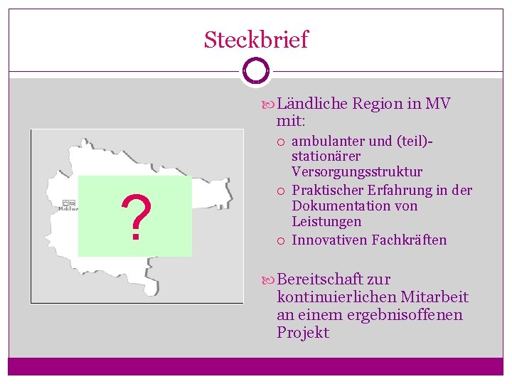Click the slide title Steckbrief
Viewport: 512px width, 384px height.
click(x=256, y=39)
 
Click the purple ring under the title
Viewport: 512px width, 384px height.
click(x=255, y=71)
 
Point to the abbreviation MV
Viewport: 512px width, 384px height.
click(x=437, y=104)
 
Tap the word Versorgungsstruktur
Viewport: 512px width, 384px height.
click(x=357, y=172)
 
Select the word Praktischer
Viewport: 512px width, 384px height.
click(x=329, y=190)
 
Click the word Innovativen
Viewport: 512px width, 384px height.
click(x=329, y=240)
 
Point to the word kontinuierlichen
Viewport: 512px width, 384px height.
click(x=337, y=297)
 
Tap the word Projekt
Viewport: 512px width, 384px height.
click(x=303, y=333)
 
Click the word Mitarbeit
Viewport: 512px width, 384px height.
click(x=434, y=297)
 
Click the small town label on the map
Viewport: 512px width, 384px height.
click(x=69, y=208)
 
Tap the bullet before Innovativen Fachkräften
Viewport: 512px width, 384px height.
click(x=282, y=240)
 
